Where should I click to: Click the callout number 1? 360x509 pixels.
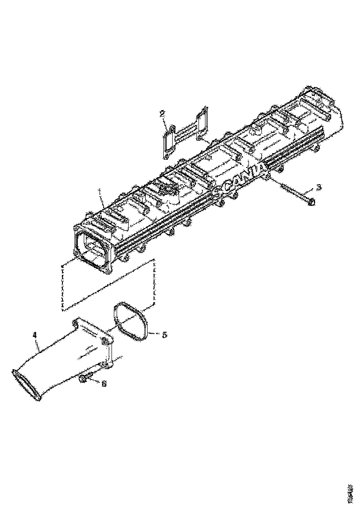click(x=100, y=191)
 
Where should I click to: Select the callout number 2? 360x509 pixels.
click(x=162, y=113)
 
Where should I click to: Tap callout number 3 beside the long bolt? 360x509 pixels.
click(x=318, y=187)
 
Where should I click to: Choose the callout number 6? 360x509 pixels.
click(x=104, y=384)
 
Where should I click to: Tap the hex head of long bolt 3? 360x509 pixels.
click(x=311, y=202)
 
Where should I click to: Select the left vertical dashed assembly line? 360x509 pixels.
click(x=62, y=287)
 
